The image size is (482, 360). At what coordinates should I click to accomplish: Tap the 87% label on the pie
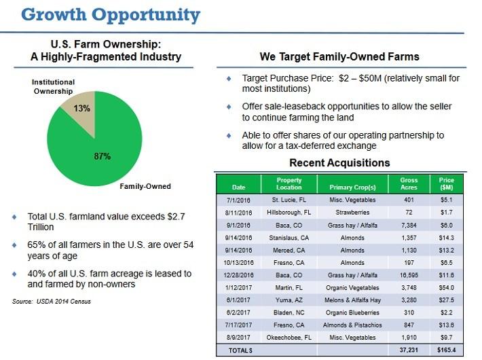[102, 156]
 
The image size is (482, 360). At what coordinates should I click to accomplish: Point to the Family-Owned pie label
[145, 186]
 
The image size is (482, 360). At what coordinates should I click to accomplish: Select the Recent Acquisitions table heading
[339, 163]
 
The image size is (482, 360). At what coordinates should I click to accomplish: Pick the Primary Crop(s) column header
[352, 187]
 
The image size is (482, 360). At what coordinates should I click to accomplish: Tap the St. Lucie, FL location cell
[290, 200]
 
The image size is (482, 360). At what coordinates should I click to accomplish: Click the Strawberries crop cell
[352, 213]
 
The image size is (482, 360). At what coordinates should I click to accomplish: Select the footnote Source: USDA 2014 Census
[52, 302]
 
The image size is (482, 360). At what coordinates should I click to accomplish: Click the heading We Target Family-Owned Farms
[339, 56]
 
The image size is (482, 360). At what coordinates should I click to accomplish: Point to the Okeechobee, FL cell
[290, 338]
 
